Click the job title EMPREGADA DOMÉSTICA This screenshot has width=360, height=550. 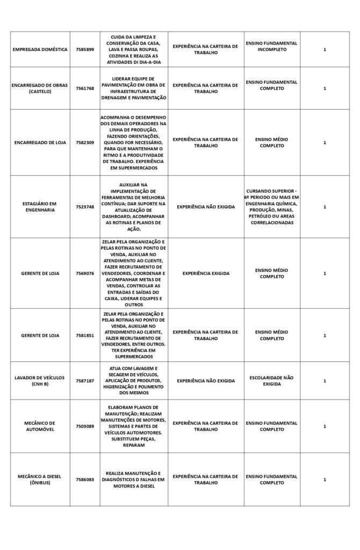coord(40,49)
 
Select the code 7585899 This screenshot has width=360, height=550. coord(85,49)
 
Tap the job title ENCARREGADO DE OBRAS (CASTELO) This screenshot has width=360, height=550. coord(40,88)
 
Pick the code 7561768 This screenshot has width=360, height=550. coord(85,88)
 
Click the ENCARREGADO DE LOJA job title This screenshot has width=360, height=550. coord(40,142)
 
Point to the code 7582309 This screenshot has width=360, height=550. coord(85,142)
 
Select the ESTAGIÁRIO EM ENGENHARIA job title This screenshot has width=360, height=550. coord(40,207)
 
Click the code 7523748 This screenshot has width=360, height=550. coord(85,207)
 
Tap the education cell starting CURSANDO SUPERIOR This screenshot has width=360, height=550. coord(271,207)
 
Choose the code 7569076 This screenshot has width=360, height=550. coord(85,273)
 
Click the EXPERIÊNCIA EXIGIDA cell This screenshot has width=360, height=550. coord(206,273)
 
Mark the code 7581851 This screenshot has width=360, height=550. coord(85,336)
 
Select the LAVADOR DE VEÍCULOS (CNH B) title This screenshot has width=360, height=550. coord(40,381)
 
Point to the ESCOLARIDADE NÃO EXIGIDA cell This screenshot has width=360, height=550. coord(271,381)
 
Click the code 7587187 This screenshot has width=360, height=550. coord(85,381)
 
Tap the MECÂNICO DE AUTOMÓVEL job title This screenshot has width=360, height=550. coord(40,426)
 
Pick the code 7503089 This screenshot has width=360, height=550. coord(85,426)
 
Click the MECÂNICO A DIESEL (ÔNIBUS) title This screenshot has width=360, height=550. coord(40,480)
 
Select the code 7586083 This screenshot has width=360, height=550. coord(85,480)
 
